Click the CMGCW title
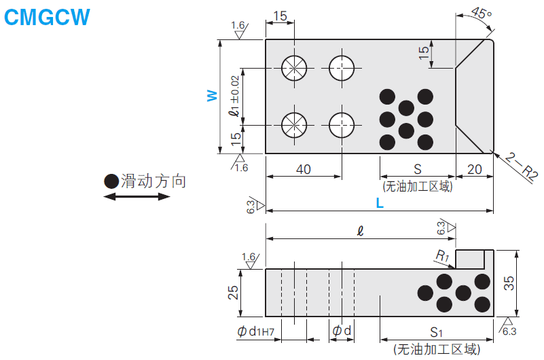coord(47,17)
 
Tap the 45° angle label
coord(482,13)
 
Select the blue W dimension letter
coord(212,96)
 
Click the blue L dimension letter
coord(380,203)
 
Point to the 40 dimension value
coord(303,169)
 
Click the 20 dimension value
coord(474,169)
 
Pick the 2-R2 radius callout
coord(521,166)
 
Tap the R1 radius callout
coord(442,256)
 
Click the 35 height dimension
coord(509,283)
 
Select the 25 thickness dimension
coord(233,292)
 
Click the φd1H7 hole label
coord(255,331)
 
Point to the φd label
coord(342,330)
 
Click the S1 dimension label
coord(437,332)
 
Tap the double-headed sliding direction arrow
coord(137,197)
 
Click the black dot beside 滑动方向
coord(111,181)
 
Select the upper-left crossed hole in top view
coord(294,68)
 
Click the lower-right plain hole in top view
coord(342,125)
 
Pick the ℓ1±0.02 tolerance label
coord(234,96)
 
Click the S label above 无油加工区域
coord(418,169)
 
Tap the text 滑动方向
coord(153,181)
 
